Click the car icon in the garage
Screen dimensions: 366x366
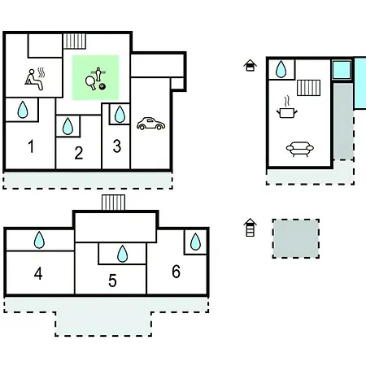[x=150, y=124]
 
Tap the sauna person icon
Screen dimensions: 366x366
[x=35, y=79]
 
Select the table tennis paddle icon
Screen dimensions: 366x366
[x=90, y=82]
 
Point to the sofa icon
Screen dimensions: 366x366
[x=300, y=149]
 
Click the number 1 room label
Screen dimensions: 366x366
[x=31, y=146]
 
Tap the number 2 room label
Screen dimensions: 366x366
[x=79, y=153]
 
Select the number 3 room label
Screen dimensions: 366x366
[x=117, y=146]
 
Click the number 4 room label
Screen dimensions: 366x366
[x=38, y=273]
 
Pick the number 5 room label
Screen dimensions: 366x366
[x=112, y=281]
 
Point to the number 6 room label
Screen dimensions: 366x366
[x=176, y=272]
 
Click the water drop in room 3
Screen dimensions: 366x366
[x=120, y=114]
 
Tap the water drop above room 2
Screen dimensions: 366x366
[x=68, y=126]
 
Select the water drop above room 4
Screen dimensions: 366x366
[x=39, y=240]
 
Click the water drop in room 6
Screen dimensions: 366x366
[x=195, y=242]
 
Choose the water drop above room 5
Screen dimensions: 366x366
[x=122, y=254]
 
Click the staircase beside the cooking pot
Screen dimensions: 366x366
[x=308, y=88]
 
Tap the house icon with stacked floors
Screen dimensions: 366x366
[x=250, y=228]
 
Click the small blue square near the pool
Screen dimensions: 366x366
[x=342, y=70]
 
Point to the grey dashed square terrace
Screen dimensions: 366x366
[x=296, y=238]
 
